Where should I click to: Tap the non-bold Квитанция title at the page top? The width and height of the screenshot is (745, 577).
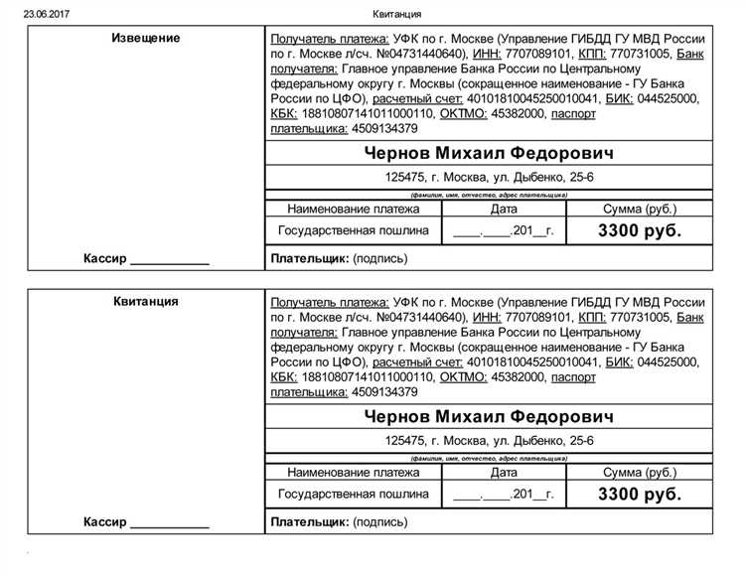[397, 13]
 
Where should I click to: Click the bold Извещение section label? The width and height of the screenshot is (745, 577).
[147, 38]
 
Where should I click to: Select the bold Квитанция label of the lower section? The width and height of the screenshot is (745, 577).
[146, 302]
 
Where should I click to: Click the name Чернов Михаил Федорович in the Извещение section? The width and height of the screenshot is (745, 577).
[489, 153]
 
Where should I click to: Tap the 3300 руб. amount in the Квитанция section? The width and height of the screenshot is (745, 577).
[640, 493]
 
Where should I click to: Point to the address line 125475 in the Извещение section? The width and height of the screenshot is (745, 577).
[489, 179]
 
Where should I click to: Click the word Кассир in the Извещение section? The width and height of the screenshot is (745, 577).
[106, 258]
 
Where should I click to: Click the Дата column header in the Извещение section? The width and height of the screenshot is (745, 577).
[504, 210]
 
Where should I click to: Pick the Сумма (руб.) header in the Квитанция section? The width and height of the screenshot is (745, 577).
[640, 473]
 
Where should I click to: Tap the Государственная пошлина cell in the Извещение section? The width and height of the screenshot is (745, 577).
[353, 230]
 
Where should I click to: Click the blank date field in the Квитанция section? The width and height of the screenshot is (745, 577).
[504, 494]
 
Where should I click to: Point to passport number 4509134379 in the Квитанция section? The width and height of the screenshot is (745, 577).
[371, 392]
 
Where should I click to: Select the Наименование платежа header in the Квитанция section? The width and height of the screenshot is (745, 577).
[353, 473]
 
